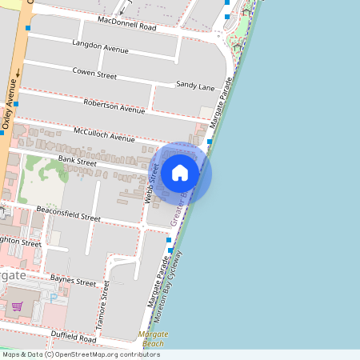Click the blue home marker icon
tap(180, 173)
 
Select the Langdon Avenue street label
tap(100, 47)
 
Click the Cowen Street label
tap(94, 74)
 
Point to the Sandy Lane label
tap(195, 84)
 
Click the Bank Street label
tap(77, 162)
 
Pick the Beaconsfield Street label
tap(68, 213)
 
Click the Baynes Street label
tap(73, 280)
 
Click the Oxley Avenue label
tap(10, 102)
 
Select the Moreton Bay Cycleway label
tap(175, 281)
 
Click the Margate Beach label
tap(152, 338)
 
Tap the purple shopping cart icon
tap(16, 306)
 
